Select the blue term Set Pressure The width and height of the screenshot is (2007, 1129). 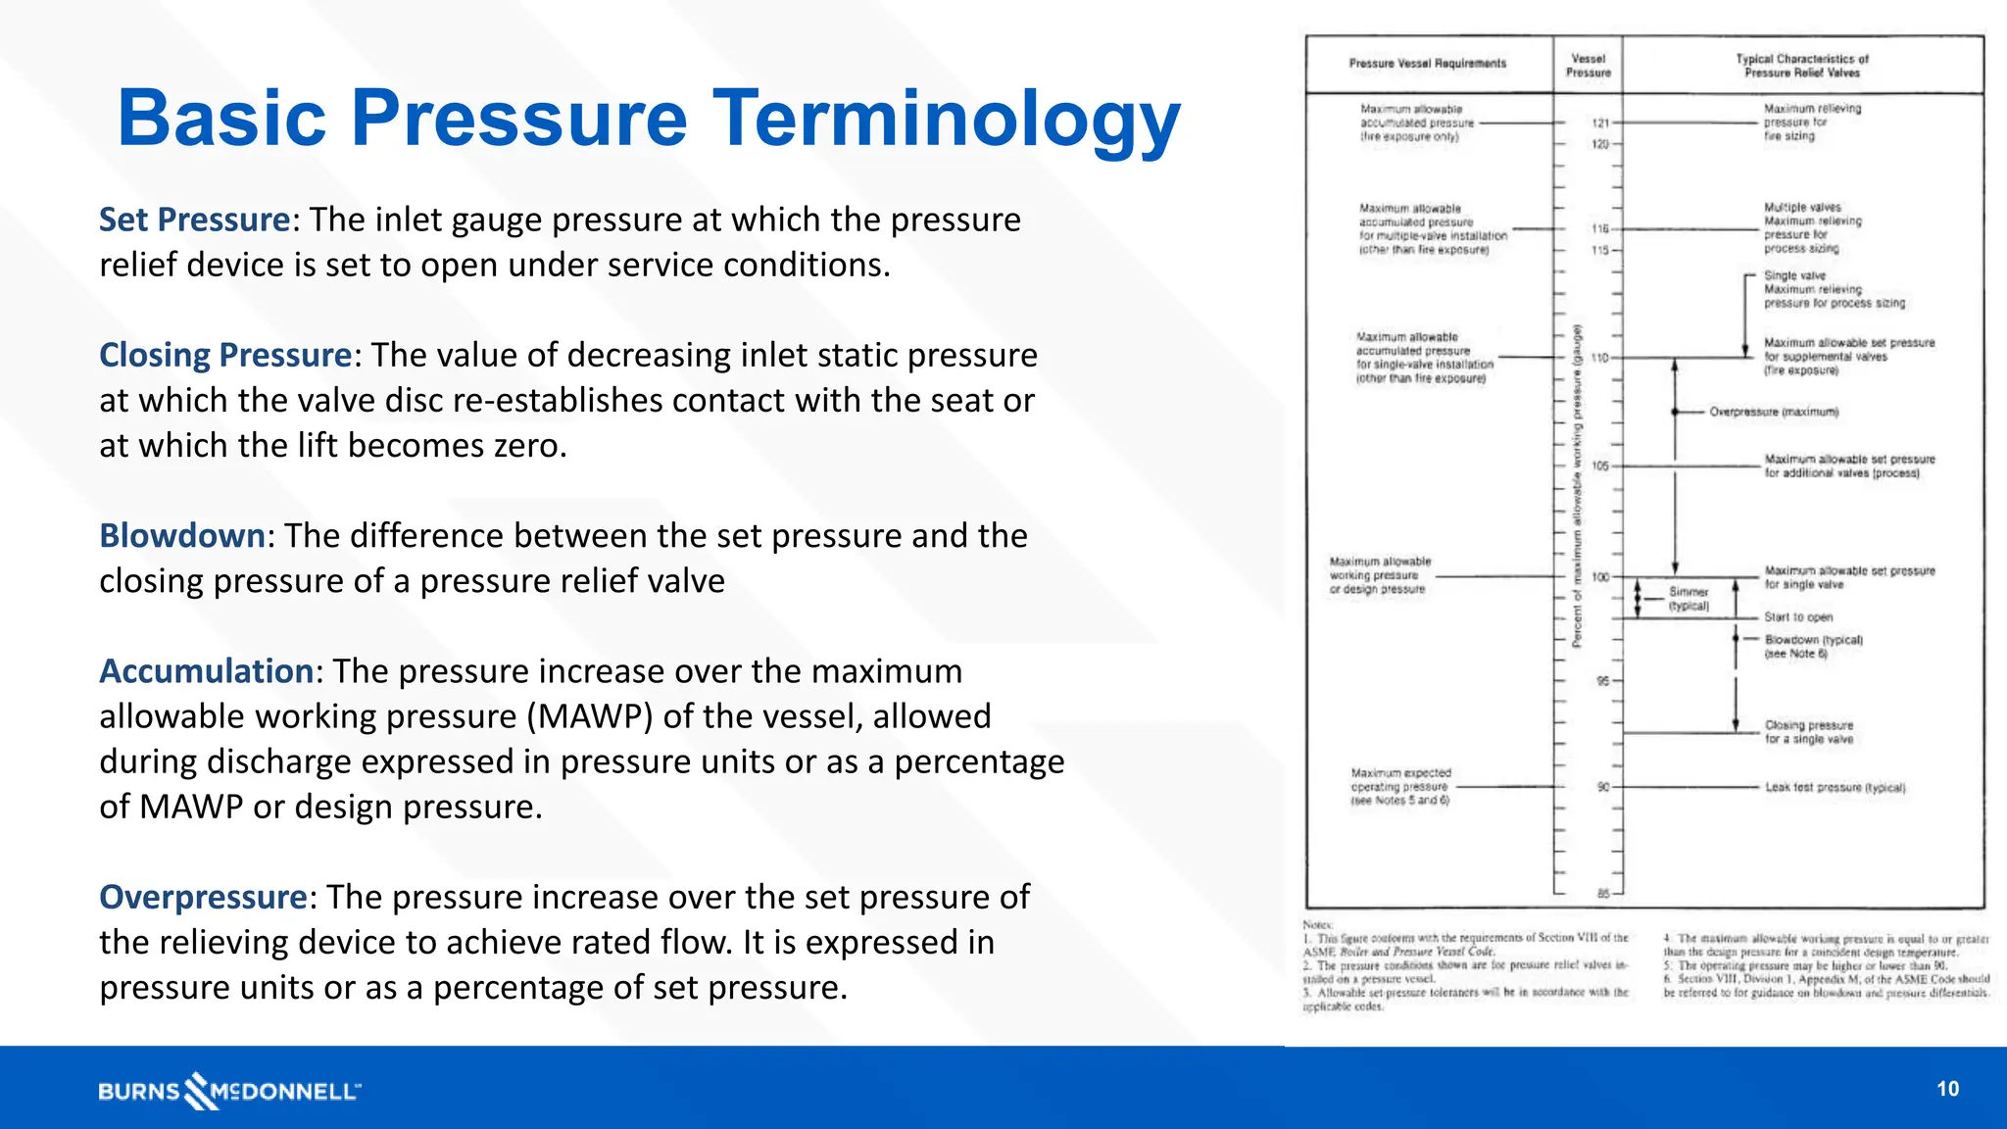(194, 220)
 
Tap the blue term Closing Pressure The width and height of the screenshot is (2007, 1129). (224, 355)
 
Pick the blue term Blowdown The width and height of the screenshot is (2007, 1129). (181, 536)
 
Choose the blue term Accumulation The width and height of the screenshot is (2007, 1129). (206, 671)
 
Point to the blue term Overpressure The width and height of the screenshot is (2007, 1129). (203, 897)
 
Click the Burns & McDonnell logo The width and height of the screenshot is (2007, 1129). (229, 1091)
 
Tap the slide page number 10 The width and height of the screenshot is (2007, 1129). (1947, 1089)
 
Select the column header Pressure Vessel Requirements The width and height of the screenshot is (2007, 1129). (1427, 64)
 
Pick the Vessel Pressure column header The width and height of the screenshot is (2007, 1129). (1588, 66)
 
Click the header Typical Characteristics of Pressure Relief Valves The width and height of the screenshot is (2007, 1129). (1801, 66)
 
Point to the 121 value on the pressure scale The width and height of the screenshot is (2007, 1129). (1600, 123)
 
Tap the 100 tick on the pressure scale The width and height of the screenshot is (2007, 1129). (1600, 577)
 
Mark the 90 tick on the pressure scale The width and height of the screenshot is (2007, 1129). (1603, 787)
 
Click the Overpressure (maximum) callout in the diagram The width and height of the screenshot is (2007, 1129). (1774, 413)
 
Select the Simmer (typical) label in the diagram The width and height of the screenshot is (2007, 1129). (1689, 599)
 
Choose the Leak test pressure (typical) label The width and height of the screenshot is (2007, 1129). (1835, 788)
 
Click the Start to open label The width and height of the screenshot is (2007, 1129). (1798, 617)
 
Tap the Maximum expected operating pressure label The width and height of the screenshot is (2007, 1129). (1400, 787)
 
